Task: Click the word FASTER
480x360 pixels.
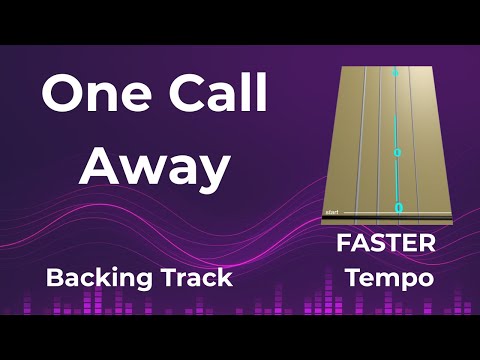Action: tap(385, 243)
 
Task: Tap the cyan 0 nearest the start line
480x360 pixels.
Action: tap(398, 208)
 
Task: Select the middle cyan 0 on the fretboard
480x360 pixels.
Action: tap(396, 153)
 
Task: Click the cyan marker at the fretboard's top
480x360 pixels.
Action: tap(395, 73)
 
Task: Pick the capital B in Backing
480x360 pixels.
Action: tap(54, 277)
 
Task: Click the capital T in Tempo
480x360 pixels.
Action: tap(352, 277)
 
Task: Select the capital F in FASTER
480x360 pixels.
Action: tap(342, 243)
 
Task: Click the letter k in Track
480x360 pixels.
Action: tap(226, 277)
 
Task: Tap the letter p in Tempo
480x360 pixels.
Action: tap(405, 280)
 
